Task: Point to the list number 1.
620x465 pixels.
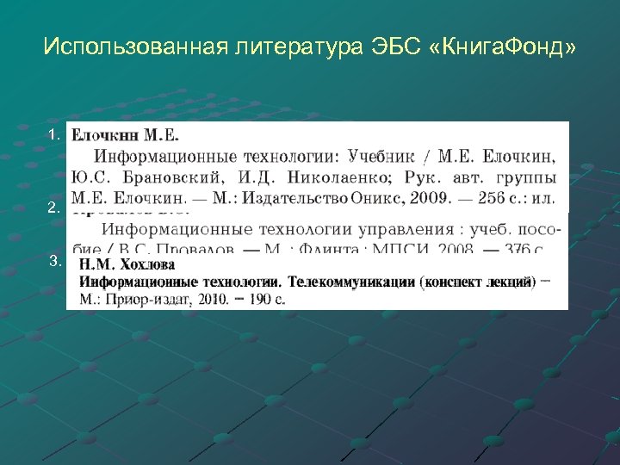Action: [53, 134]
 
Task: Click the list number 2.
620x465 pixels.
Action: [53, 208]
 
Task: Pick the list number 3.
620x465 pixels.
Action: [53, 261]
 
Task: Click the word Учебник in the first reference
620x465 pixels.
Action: [384, 157]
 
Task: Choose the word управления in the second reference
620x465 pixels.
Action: [397, 230]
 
